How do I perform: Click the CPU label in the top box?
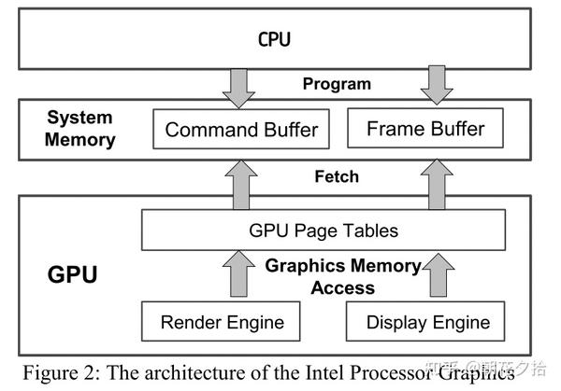(x=274, y=39)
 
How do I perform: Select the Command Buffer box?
(x=241, y=130)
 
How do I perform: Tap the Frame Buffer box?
(x=425, y=128)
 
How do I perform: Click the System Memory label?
(x=80, y=130)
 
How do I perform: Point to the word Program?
(x=337, y=84)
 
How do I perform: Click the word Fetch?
(x=337, y=176)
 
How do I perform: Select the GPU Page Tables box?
(x=324, y=230)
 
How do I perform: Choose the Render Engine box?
(x=223, y=322)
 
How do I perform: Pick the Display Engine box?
(x=427, y=322)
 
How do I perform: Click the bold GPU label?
(x=73, y=275)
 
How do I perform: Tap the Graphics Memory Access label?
(x=343, y=276)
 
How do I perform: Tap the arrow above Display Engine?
(x=436, y=276)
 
